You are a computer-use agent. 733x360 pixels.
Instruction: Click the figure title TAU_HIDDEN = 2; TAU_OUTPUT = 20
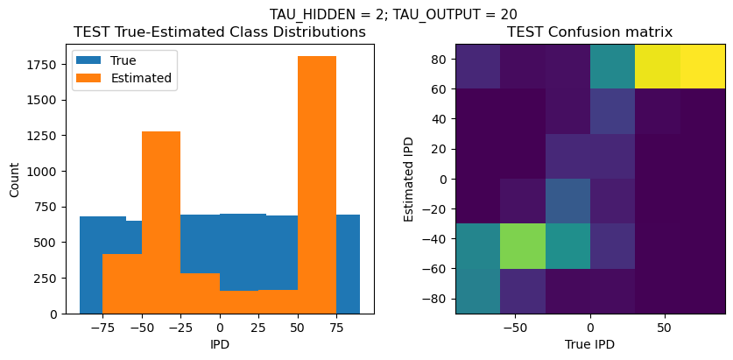coord(393,14)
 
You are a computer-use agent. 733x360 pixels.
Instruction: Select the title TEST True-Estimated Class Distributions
coord(219,32)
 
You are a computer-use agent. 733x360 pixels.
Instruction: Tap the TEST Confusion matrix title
coord(590,32)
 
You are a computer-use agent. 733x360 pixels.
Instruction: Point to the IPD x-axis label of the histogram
coord(219,344)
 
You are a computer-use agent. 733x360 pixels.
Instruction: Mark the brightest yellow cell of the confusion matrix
coord(703,67)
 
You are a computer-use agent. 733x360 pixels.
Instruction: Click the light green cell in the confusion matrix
coord(523,246)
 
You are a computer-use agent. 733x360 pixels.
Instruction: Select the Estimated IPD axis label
coord(409,178)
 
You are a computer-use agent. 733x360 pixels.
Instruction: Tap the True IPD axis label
coord(590,344)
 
